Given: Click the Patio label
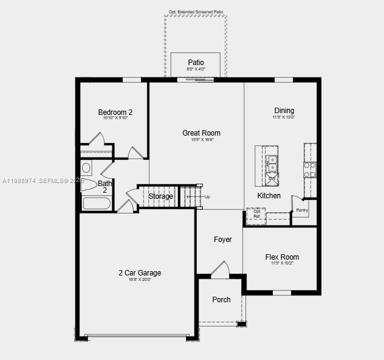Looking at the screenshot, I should coord(196,63).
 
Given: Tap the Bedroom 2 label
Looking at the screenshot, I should coord(115,112).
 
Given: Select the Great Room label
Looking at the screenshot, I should coord(201,133).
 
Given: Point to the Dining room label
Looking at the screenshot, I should coord(284,111).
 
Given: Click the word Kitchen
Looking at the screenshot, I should coord(269,196).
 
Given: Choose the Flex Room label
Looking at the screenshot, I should coord(282,257).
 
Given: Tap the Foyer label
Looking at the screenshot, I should coord(223,240).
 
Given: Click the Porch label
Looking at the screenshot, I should coord(221,300).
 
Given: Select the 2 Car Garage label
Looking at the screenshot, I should coord(140,273).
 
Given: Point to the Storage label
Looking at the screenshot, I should coord(161,196).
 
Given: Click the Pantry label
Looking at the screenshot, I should coord(302,210).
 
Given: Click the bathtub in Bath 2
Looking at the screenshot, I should coord(97,202).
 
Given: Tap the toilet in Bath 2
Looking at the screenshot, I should coord(87,185).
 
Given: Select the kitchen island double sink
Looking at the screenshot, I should coord(272,163).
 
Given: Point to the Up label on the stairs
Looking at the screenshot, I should coord(207,197).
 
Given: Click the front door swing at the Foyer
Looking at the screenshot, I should coord(220,269).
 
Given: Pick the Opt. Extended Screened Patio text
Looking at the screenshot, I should coord(196,12).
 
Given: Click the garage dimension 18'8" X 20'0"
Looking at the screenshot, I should coord(140,280).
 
